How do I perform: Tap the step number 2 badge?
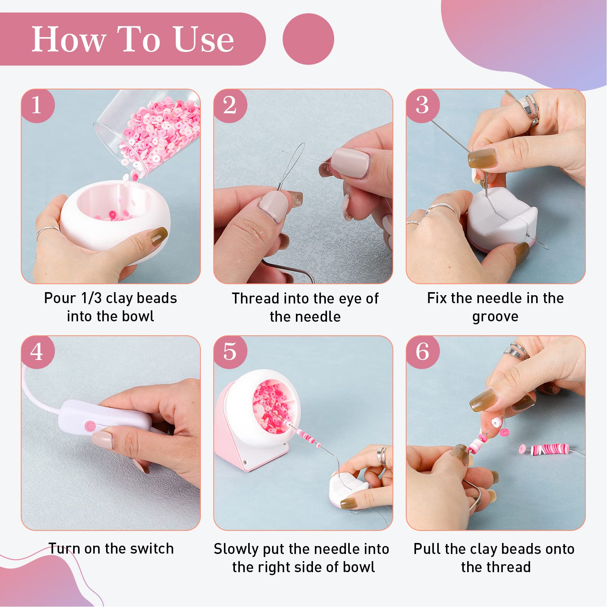230,105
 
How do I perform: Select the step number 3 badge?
422,105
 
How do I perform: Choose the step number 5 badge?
230,352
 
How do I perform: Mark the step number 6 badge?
422,352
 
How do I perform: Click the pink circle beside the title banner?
308,39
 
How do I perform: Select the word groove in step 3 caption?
495,317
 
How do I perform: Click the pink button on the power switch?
90,426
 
